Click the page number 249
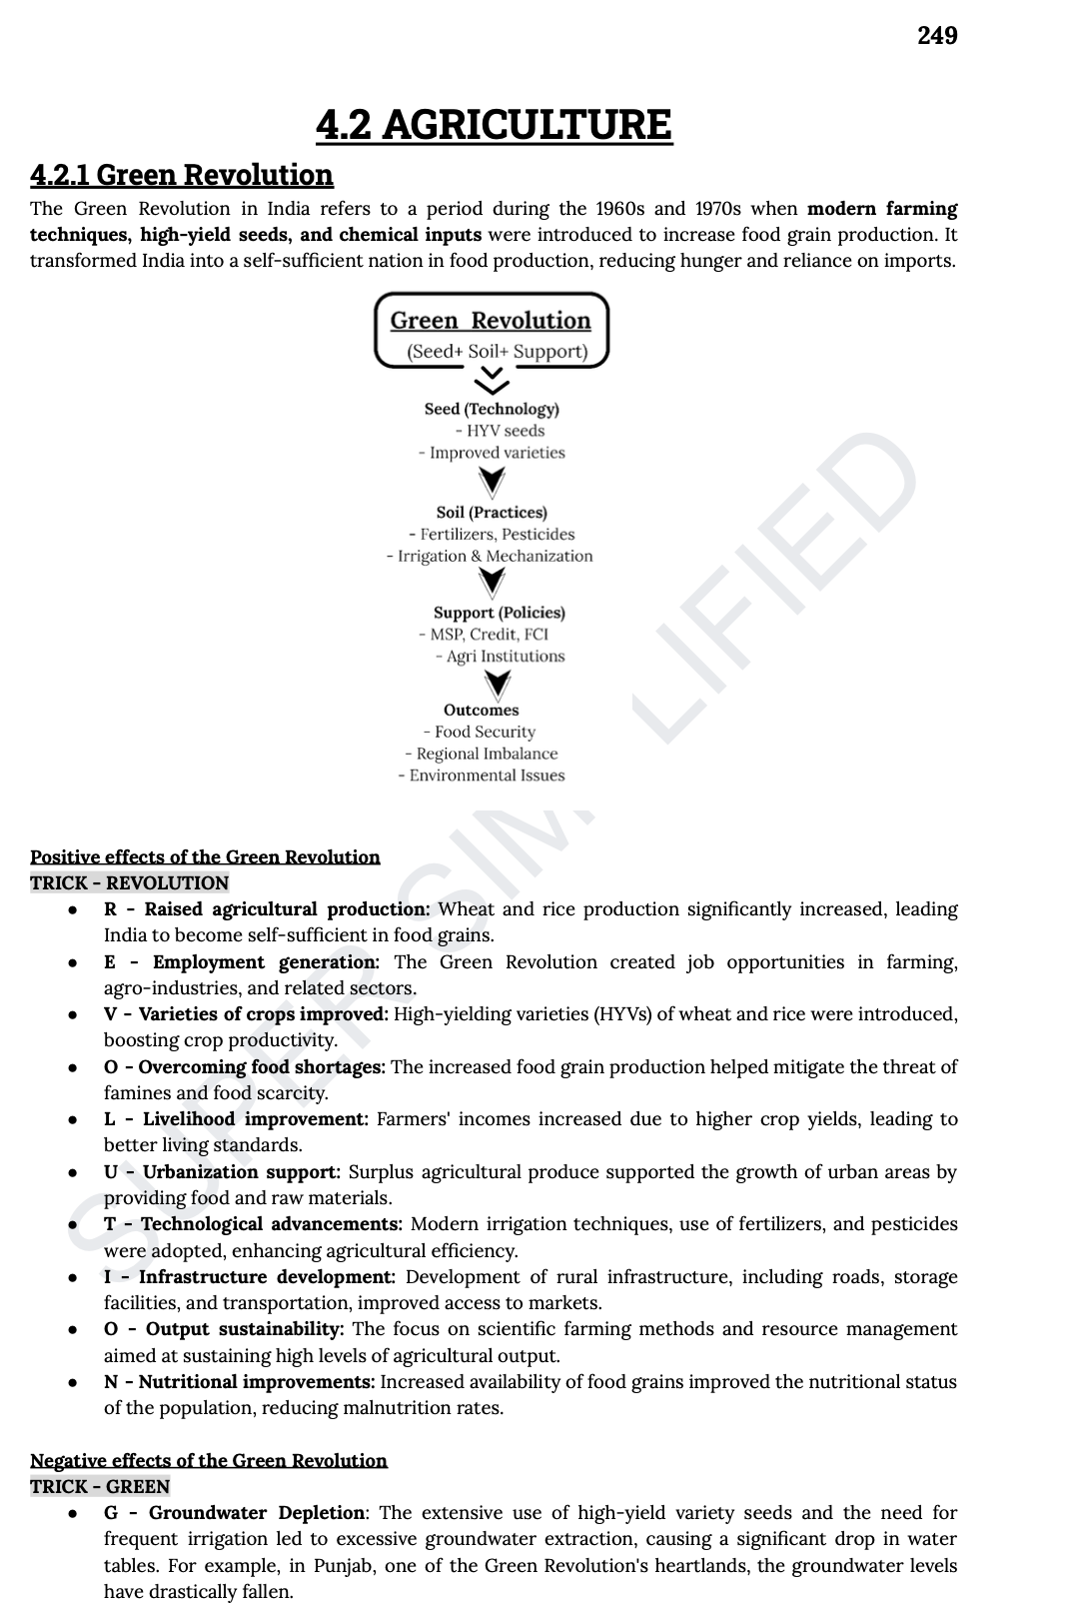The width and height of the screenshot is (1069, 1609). point(937,36)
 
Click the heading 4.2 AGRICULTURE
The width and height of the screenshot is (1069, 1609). point(494,125)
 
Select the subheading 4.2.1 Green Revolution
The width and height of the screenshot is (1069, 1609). point(181,175)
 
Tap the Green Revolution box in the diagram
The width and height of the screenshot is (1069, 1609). point(491,331)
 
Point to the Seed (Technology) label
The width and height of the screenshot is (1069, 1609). point(492,409)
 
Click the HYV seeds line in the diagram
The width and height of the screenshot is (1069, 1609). point(500,431)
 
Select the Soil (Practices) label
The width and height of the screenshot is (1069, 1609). point(492,513)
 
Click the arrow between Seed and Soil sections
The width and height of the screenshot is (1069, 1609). point(492,482)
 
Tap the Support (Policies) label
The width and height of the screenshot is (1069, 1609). point(499,613)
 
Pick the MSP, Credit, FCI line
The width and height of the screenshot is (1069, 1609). point(484,635)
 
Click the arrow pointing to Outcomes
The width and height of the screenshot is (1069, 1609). point(497,684)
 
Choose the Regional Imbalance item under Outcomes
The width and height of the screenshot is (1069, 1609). point(482,754)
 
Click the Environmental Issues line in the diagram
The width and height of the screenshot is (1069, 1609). point(482,776)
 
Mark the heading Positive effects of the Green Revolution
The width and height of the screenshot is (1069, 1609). point(205,857)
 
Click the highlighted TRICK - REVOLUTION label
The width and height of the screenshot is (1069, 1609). point(129,883)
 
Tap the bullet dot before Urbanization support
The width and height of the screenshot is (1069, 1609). point(73,1172)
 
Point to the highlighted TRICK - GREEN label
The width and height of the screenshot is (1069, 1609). point(100,1487)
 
